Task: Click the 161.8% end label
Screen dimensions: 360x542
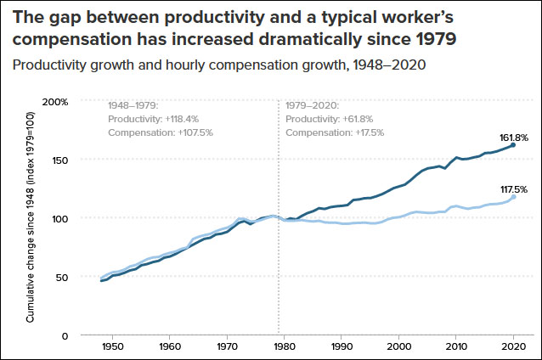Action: point(512,137)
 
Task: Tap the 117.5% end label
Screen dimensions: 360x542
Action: point(512,188)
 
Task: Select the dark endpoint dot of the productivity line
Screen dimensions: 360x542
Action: point(513,145)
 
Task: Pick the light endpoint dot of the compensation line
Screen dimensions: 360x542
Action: point(513,197)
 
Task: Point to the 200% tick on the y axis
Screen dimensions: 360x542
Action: point(55,101)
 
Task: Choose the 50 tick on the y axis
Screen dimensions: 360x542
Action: point(60,277)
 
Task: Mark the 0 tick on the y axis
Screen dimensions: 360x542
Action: point(64,335)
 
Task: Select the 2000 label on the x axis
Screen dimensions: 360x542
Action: point(399,347)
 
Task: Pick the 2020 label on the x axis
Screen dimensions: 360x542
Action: point(512,347)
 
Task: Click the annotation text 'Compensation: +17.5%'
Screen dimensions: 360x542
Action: point(336,132)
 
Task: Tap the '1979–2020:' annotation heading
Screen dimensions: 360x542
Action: point(313,105)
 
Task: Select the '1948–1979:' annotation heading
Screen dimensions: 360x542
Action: point(133,105)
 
